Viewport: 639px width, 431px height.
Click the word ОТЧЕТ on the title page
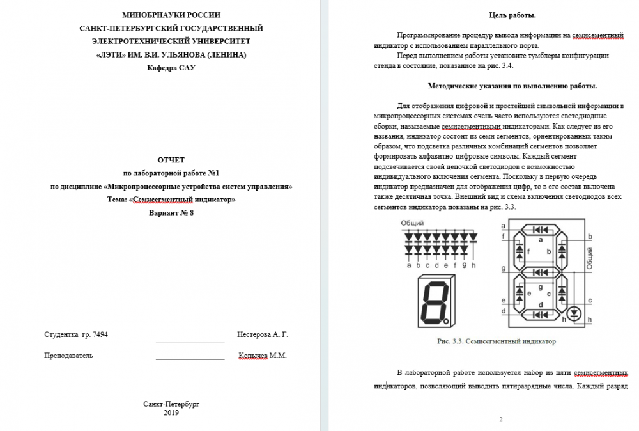171,160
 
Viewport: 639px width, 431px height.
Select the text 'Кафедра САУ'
171,68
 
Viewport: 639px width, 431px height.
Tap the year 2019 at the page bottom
171,413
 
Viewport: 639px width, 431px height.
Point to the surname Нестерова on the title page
254,334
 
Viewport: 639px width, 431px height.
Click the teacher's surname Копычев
253,356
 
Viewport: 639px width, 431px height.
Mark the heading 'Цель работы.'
512,15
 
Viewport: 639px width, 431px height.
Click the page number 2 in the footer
501,419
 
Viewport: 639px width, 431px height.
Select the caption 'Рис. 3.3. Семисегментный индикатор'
497,341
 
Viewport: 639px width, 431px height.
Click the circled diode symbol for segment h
574,313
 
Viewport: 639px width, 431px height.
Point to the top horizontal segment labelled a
542,229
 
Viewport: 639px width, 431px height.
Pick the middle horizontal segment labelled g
542,272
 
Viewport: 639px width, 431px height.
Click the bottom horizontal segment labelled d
542,315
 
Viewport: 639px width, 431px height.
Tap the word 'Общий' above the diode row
413,223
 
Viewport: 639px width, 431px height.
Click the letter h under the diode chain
473,265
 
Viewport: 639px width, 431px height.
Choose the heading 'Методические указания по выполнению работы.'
512,86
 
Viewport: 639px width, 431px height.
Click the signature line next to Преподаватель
190,359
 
